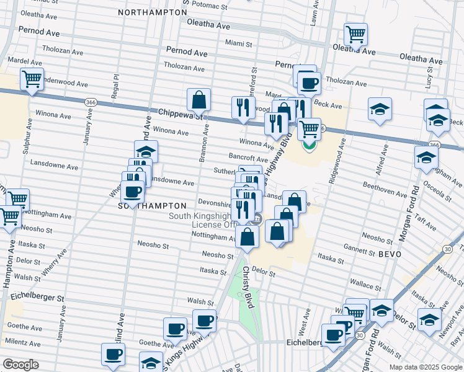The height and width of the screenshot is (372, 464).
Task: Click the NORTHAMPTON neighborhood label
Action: click(152, 12)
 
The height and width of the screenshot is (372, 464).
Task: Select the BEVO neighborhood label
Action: click(390, 255)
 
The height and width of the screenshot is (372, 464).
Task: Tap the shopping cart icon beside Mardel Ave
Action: click(31, 79)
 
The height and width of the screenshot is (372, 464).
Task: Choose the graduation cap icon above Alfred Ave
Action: click(380, 109)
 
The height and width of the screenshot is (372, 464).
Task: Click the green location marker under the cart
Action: click(309, 146)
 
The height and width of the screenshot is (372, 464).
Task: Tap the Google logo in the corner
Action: click(21, 365)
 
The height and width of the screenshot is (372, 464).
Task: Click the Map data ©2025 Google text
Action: click(425, 367)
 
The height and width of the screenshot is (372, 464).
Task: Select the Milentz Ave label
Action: click(23, 342)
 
